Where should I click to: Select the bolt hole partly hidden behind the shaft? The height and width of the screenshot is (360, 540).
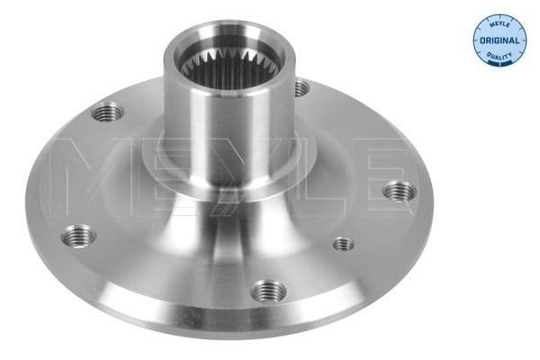pyautogui.click(x=301, y=88)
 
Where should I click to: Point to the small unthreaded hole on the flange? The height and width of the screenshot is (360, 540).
pyautogui.click(x=342, y=243)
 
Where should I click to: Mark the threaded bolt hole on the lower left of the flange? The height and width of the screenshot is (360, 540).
pyautogui.click(x=78, y=237)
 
